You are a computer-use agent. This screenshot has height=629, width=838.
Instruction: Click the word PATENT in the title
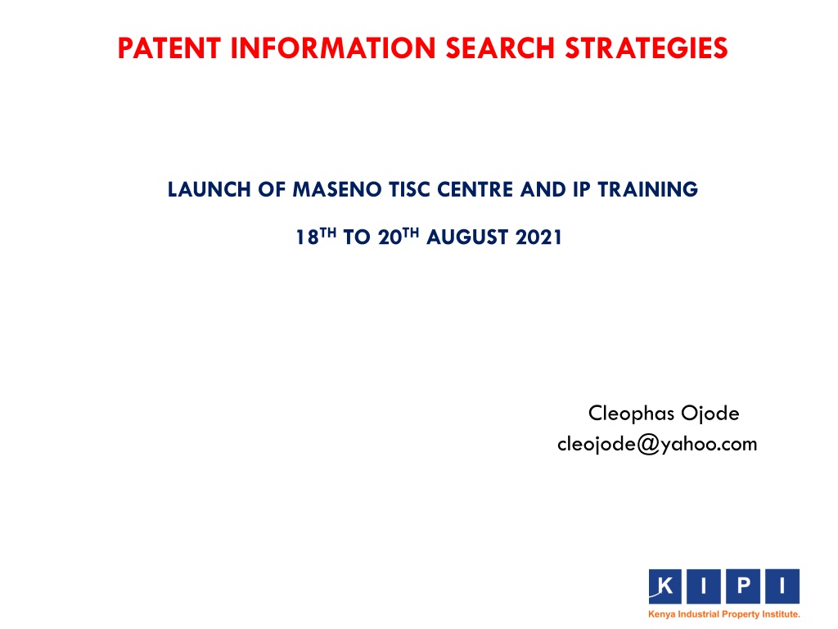(x=169, y=48)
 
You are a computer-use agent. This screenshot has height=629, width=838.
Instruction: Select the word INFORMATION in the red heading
(x=334, y=48)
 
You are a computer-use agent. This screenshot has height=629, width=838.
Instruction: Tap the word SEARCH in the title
(x=501, y=48)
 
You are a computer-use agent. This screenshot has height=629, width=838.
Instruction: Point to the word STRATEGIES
(x=647, y=48)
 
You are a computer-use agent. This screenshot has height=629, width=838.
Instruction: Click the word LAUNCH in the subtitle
(x=209, y=189)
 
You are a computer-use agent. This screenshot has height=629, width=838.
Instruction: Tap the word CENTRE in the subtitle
(x=475, y=189)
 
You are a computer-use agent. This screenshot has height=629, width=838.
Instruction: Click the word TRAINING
(x=648, y=189)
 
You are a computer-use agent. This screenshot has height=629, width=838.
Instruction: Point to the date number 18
(x=308, y=237)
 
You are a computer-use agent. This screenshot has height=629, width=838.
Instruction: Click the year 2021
(x=538, y=237)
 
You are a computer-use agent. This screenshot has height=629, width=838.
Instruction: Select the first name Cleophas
(x=631, y=414)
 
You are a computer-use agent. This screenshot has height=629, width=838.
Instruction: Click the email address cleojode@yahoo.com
(x=657, y=445)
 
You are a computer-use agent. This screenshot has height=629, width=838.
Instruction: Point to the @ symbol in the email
(x=648, y=445)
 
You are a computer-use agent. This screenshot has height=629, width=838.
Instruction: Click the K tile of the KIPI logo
(x=665, y=586)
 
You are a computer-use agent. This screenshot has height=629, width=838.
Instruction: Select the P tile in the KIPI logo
(x=743, y=586)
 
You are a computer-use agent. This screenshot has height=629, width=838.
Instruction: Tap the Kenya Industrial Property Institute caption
(x=724, y=614)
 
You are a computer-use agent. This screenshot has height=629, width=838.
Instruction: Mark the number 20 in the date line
(x=390, y=237)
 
